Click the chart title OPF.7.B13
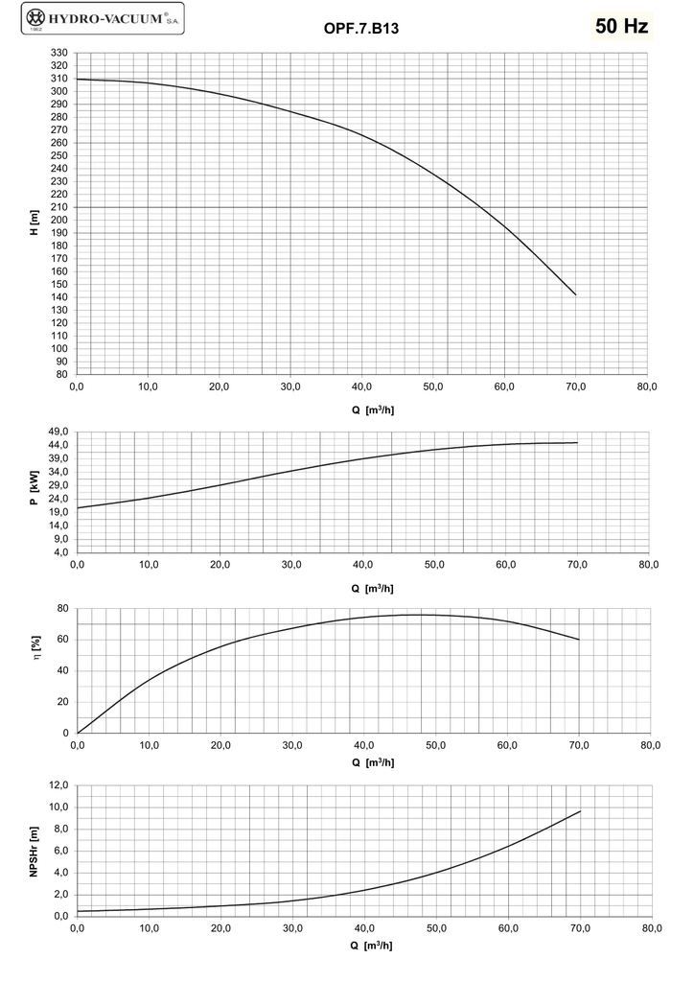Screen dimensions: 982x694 point(360,29)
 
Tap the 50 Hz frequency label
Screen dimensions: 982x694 point(622,26)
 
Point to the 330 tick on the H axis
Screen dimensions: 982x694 point(59,53)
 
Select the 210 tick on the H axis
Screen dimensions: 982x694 point(59,207)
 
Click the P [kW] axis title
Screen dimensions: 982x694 point(35,488)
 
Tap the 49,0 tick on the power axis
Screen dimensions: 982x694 point(58,432)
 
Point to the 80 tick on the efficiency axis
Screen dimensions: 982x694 point(62,608)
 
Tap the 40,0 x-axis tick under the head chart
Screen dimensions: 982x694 point(362,387)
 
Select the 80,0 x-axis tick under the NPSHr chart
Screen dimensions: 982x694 point(652,928)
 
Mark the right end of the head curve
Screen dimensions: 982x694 point(576,295)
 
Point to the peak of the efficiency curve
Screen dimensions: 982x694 point(422,615)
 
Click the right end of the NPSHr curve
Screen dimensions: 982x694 point(580,811)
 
